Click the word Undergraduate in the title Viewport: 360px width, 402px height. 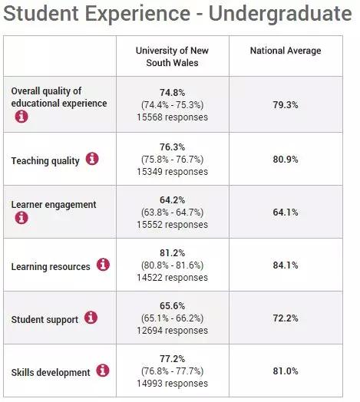[280, 14]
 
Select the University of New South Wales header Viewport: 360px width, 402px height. [172, 57]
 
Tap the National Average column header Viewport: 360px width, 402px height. [286, 51]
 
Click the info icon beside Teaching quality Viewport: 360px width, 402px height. [92, 159]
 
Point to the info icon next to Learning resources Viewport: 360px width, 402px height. [103, 265]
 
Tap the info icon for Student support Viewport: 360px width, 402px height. [91, 318]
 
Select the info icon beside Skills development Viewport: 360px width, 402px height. [103, 371]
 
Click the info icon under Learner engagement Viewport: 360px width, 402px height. [21, 218]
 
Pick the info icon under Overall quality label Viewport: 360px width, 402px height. [21, 117]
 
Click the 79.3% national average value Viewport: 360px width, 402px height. [286, 105]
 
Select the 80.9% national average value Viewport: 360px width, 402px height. [286, 160]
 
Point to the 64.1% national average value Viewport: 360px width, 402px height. [286, 213]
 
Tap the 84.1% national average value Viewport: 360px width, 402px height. [286, 265]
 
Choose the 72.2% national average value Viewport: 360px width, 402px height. [286, 318]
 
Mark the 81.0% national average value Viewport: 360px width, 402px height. [286, 371]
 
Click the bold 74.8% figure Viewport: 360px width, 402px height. [172, 93]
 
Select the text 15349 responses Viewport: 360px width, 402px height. [172, 172]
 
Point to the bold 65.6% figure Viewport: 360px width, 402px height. [172, 305]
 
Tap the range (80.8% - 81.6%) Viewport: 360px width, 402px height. [172, 265]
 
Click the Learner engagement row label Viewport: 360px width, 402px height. [54, 205]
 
